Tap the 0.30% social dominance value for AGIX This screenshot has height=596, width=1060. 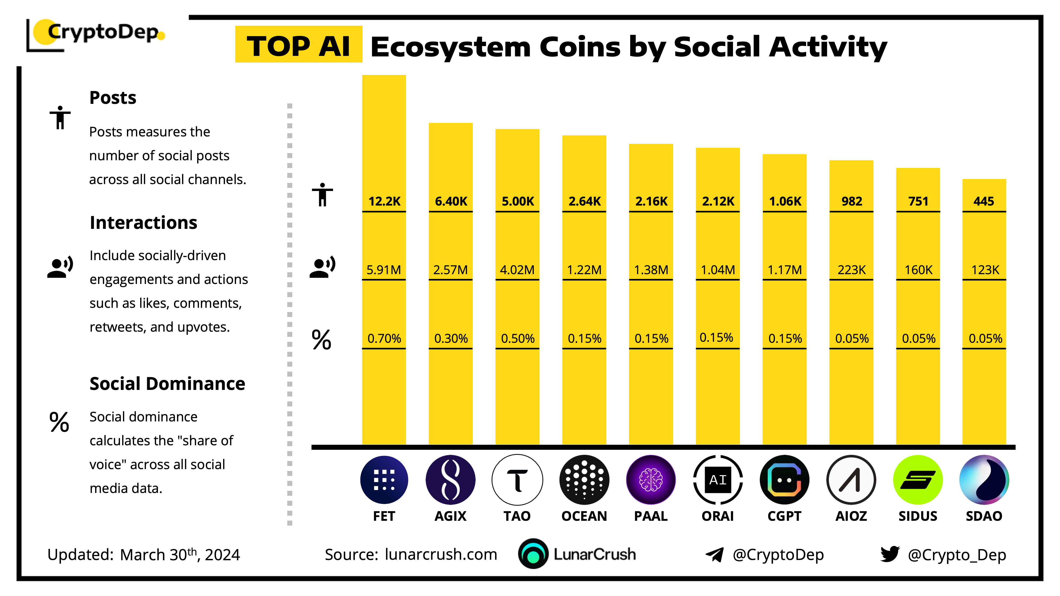click(x=450, y=339)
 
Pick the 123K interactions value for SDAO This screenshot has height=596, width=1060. click(x=985, y=270)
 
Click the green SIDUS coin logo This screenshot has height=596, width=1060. click(x=918, y=480)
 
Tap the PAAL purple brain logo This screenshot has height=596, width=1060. click(x=651, y=480)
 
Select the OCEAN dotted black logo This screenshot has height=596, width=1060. click(x=584, y=480)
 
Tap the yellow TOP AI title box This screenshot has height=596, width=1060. click(x=298, y=45)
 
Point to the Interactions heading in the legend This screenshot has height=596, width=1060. click(x=143, y=223)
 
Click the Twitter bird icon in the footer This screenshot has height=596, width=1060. click(x=890, y=554)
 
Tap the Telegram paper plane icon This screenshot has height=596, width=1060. click(x=714, y=554)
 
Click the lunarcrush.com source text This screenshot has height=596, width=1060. click(x=441, y=554)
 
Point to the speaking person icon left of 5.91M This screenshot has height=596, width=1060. click(x=322, y=267)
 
